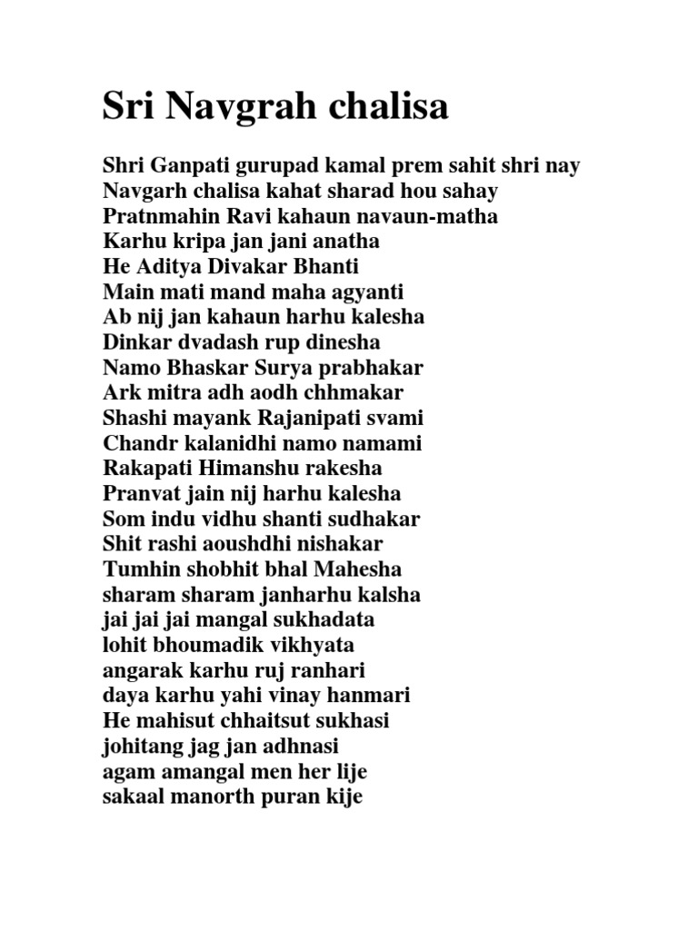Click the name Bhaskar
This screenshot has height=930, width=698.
click(x=203, y=369)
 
